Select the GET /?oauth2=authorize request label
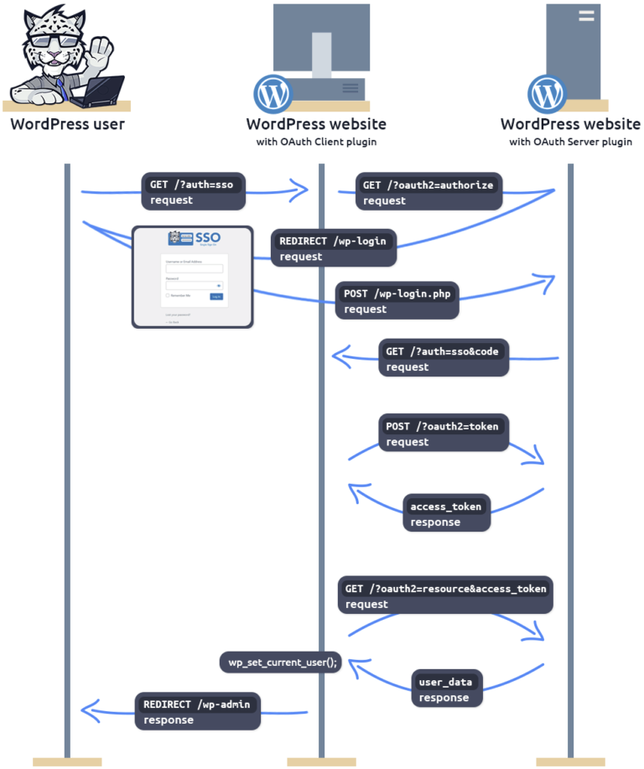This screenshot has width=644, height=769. tap(428, 192)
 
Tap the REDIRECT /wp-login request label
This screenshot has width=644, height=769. tap(333, 248)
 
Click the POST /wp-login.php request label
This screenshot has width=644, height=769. tap(397, 301)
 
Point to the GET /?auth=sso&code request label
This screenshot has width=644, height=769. tap(444, 359)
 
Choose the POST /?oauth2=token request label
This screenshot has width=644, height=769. tap(443, 434)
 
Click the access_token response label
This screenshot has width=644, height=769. tap(446, 514)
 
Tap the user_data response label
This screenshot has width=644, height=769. tap(447, 689)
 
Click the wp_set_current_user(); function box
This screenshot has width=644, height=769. tap(282, 662)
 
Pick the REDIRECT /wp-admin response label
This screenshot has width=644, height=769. tap(198, 711)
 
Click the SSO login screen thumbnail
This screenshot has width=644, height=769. tap(193, 277)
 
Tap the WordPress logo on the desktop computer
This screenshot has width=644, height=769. tap(273, 94)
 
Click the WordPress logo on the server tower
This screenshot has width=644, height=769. tap(547, 94)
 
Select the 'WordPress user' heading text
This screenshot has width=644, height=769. tap(67, 124)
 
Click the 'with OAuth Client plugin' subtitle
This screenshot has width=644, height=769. tap(316, 142)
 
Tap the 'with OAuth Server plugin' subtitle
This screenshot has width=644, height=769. tap(570, 142)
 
